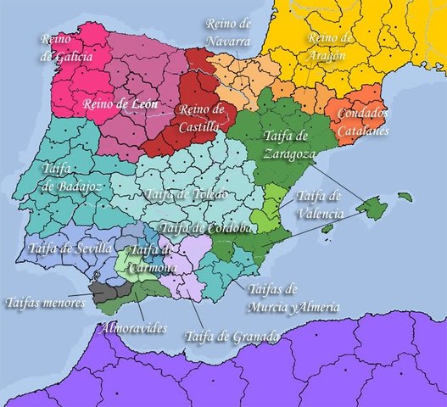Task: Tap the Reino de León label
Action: pos(117,104)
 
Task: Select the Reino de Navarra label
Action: pos(228,31)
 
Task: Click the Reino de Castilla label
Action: pos(200,117)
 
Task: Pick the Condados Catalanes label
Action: pos(362,122)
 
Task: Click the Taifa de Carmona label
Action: pos(154,257)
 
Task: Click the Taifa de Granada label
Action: pos(231,337)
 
